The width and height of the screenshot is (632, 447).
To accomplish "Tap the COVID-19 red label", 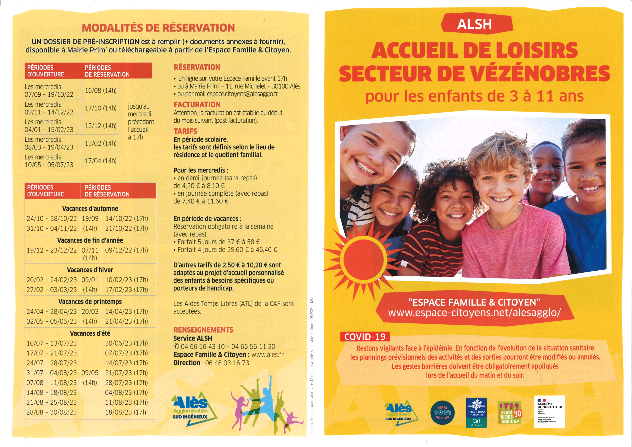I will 365,337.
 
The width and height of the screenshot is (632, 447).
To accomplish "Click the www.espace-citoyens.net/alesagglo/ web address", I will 474,313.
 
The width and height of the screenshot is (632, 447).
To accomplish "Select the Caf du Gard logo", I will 476,412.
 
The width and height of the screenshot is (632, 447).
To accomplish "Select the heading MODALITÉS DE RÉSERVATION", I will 158,28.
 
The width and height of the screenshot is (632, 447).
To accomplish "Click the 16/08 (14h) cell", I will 101,90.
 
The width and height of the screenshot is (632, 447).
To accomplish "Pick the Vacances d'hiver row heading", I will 90,270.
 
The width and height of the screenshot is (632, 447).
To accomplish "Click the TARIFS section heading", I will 185,131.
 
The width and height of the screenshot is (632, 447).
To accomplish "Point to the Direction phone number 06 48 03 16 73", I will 227,363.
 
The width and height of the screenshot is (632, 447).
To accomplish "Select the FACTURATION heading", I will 197,105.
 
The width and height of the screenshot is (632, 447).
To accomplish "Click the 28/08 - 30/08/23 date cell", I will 52,412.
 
